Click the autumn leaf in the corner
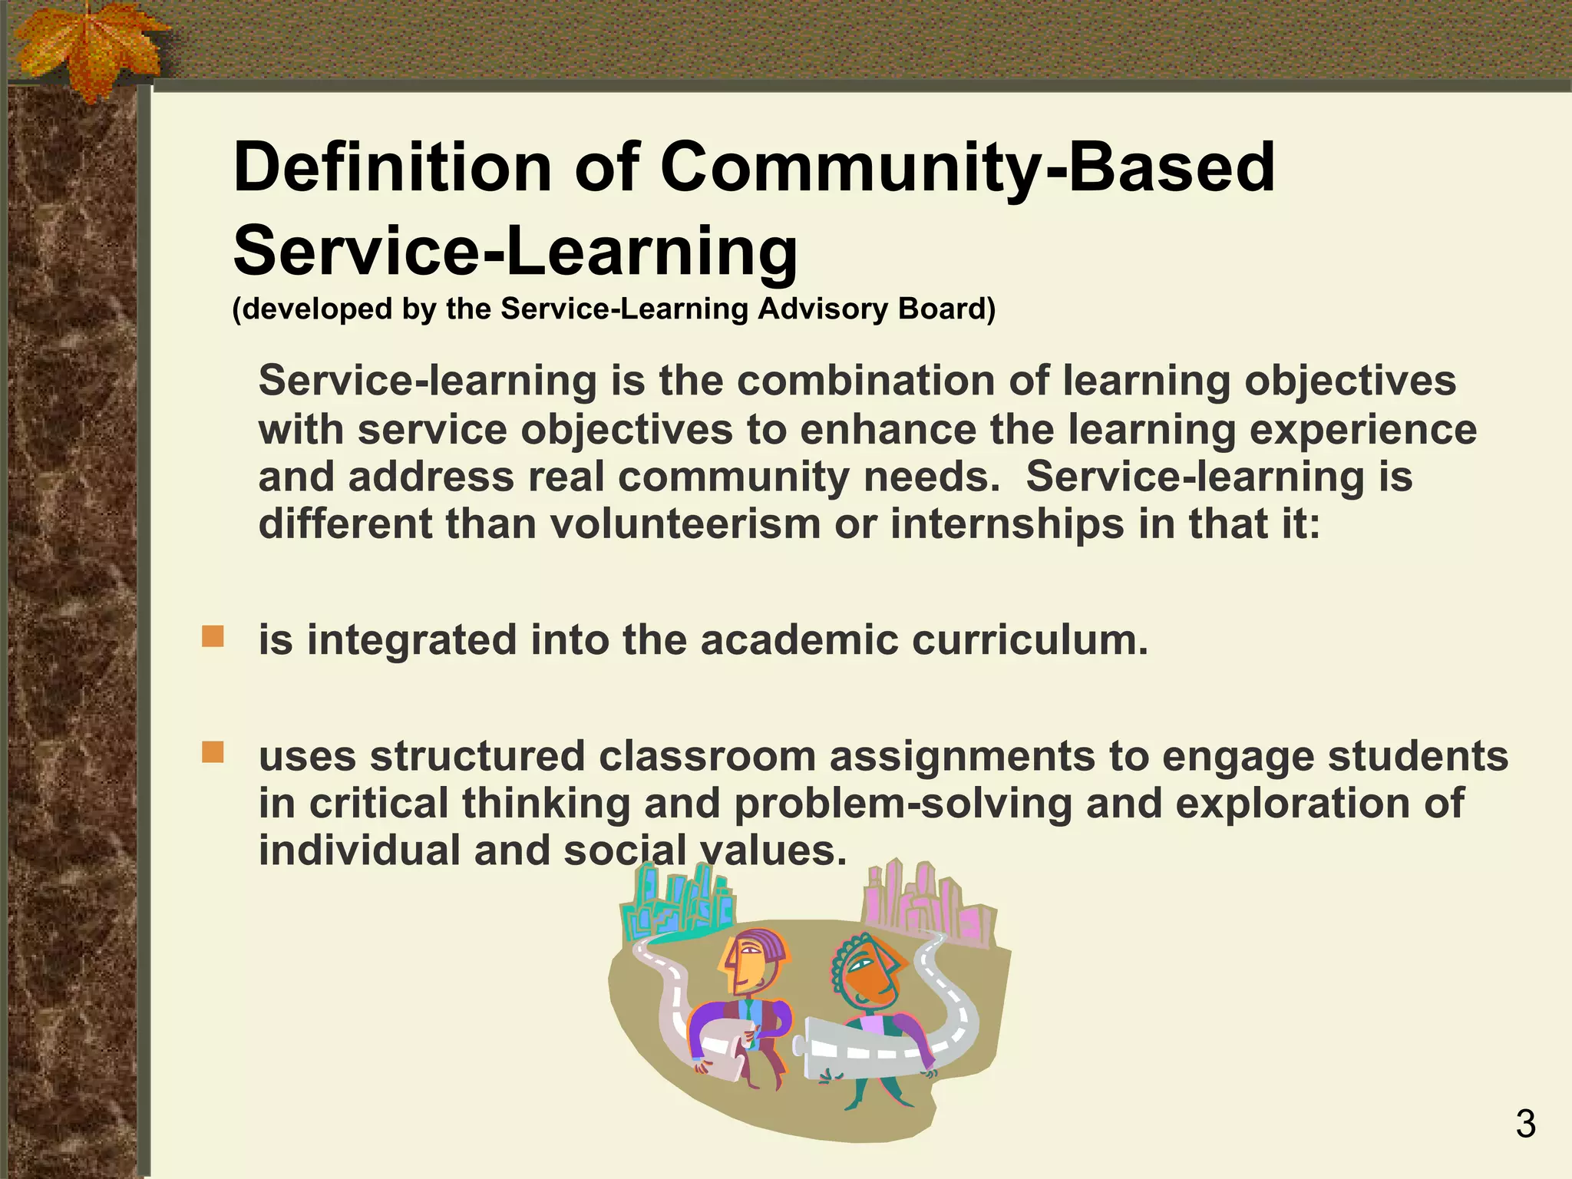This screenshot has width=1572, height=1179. (84, 46)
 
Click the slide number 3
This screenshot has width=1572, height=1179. (1525, 1125)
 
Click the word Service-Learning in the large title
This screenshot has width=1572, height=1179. (516, 252)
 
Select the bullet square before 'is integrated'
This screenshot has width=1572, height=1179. (213, 636)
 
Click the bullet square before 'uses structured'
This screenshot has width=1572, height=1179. (213, 752)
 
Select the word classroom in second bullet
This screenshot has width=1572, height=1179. (707, 756)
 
